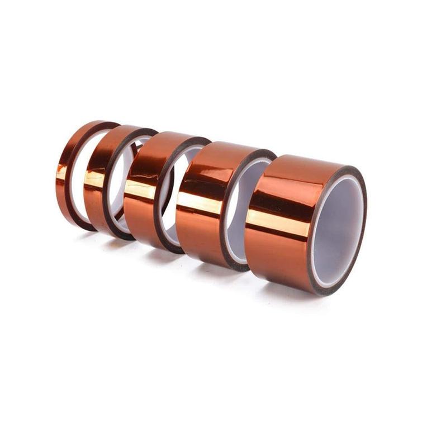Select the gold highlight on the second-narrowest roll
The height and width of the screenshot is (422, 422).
pyautogui.click(x=94, y=179)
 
